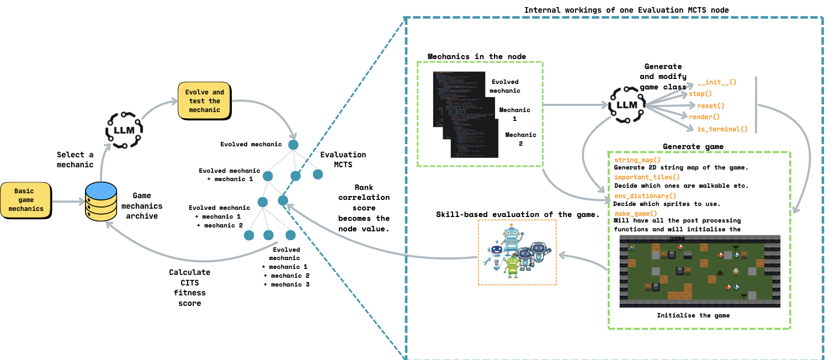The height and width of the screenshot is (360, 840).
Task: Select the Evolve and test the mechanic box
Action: pyautogui.click(x=205, y=101)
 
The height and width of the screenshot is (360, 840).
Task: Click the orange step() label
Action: pyautogui.click(x=700, y=94)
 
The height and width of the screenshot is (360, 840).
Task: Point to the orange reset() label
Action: pyautogui.click(x=710, y=105)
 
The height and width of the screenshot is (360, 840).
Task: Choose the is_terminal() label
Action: pyautogui.click(x=718, y=129)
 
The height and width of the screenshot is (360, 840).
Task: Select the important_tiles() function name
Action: pyautogui.click(x=647, y=177)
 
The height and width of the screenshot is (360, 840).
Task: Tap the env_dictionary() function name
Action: pyautogui.click(x=645, y=195)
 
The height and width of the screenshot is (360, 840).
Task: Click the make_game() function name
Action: pyautogui.click(x=636, y=214)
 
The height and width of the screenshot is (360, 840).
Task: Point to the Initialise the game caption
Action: pyautogui.click(x=693, y=316)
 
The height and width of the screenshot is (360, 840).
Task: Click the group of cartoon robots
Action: pyautogui.click(x=517, y=252)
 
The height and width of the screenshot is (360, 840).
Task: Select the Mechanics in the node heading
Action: pyautogui.click(x=477, y=56)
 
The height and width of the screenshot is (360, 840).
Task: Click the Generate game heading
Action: pyautogui.click(x=693, y=146)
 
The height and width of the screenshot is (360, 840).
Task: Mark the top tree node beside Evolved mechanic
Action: pyautogui.click(x=293, y=145)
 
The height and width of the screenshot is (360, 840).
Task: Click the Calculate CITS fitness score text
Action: pyautogui.click(x=189, y=288)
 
